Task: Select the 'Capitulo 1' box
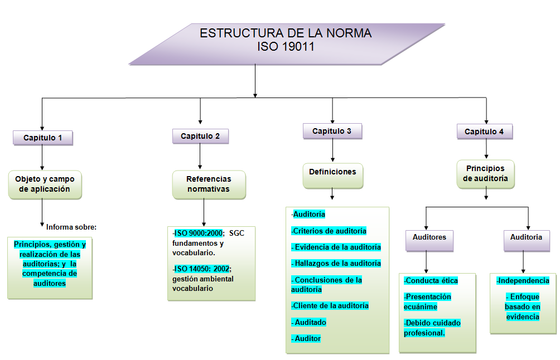[43, 138]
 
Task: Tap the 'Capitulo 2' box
[200, 136]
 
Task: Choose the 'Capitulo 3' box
[332, 131]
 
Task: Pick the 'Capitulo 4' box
[484, 132]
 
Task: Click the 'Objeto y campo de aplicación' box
[45, 184]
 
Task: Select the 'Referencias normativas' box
[209, 184]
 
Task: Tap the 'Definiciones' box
[332, 172]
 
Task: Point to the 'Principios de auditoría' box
[485, 174]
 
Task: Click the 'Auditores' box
[429, 237]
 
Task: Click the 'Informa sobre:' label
[71, 227]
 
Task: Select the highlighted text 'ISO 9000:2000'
[199, 232]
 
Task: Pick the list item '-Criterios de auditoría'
[329, 231]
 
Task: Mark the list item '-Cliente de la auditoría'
[330, 305]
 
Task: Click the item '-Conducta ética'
[431, 280]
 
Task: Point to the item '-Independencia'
[523, 280]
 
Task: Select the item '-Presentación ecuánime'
[428, 301]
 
